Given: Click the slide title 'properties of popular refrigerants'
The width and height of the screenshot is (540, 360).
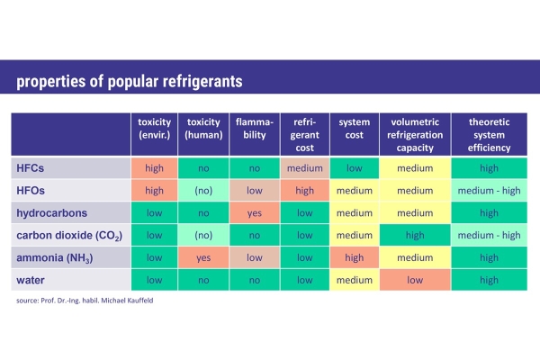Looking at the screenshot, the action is [x=130, y=82].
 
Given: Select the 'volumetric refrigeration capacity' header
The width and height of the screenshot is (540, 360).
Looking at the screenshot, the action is [x=415, y=134].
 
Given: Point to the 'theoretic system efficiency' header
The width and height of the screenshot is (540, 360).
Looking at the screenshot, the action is [x=489, y=134].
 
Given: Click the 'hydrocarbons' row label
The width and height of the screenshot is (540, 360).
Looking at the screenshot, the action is [x=51, y=213].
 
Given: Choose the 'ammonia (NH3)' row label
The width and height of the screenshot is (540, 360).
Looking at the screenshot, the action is [x=54, y=258].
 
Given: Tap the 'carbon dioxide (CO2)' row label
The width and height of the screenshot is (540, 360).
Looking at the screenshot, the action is [x=69, y=236].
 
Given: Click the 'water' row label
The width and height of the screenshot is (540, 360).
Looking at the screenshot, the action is [x=31, y=280].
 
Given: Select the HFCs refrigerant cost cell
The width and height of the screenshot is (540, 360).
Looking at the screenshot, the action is [x=305, y=168].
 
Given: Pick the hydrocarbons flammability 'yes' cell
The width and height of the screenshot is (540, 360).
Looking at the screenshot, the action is [x=255, y=213].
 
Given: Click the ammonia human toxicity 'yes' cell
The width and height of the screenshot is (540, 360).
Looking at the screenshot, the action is [x=203, y=257].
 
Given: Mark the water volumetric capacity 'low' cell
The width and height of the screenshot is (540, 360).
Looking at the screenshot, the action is [x=415, y=280].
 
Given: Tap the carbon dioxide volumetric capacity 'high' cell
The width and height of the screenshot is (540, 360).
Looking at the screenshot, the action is [x=415, y=235].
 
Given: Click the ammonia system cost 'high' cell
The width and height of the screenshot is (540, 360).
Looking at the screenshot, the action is [x=355, y=257].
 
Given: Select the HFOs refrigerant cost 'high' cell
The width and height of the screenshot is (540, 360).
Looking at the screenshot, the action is [x=305, y=191].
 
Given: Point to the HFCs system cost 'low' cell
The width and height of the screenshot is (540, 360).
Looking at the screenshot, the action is [x=355, y=168].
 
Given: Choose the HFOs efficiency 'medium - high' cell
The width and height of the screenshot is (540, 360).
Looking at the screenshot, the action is [x=489, y=191].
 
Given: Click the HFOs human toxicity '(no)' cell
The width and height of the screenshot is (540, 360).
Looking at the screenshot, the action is [x=203, y=191].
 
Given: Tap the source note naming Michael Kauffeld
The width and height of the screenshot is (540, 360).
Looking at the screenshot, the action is [x=85, y=301].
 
